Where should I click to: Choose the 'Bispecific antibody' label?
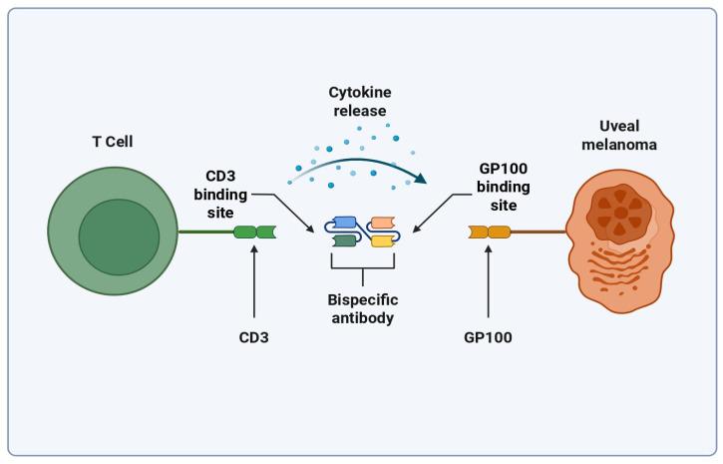(361, 307)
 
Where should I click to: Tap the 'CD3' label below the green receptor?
(254, 337)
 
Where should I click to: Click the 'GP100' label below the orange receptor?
(489, 337)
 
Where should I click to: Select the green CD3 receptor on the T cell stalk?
(254, 232)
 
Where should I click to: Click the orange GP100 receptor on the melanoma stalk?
(489, 232)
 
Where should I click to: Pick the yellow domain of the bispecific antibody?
(382, 240)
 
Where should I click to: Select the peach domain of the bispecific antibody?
(382, 223)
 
